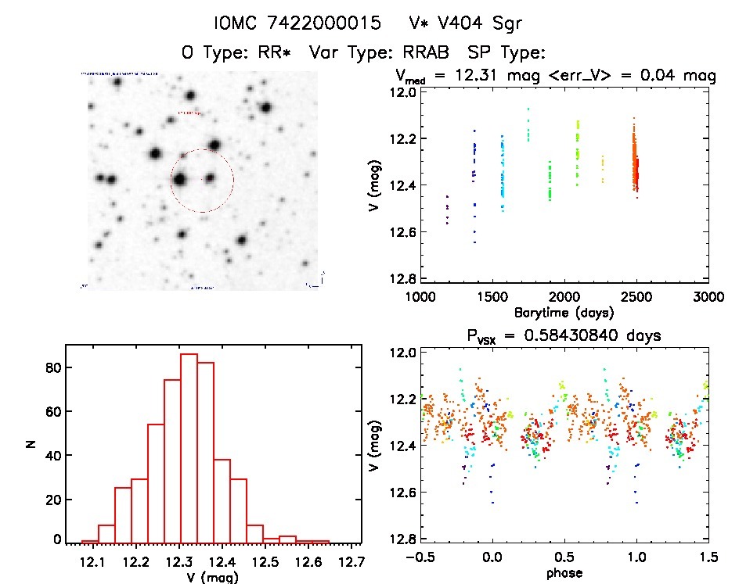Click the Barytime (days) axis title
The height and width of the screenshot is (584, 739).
click(x=563, y=313)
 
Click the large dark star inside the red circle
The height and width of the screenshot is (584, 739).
click(x=180, y=179)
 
